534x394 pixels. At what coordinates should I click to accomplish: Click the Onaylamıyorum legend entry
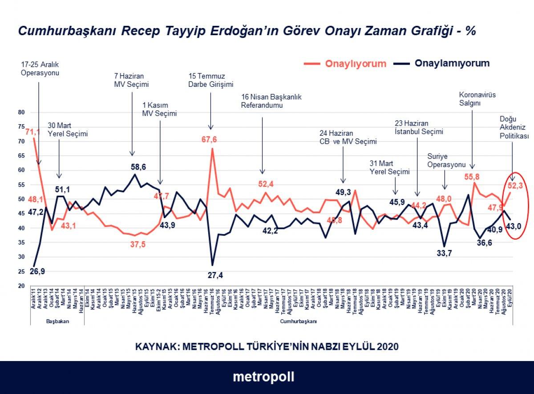(x=452, y=63)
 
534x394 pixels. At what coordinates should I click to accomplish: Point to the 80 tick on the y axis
(x=21, y=113)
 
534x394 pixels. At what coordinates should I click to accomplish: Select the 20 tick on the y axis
(x=21, y=286)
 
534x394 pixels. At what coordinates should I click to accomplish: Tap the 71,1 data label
(x=33, y=132)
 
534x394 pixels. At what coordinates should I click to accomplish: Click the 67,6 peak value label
(x=209, y=140)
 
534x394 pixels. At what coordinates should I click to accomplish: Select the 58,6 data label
(x=138, y=167)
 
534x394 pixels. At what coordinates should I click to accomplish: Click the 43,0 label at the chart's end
(x=514, y=226)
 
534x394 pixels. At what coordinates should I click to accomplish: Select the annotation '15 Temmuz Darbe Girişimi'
(x=211, y=80)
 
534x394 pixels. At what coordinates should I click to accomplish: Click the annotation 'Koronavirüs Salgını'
(x=477, y=98)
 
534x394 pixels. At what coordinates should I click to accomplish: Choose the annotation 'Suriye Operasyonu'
(x=444, y=160)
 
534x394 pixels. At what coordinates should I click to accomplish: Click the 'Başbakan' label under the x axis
(x=58, y=321)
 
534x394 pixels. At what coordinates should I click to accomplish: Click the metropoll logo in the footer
(x=263, y=377)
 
